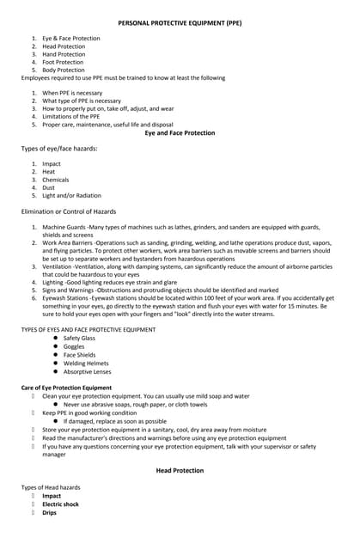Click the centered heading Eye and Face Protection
tap(180, 133)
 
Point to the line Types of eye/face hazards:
tap(59, 149)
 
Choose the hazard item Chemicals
tap(57, 179)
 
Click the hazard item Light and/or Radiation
tap(71, 195)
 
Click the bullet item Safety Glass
tap(79, 338)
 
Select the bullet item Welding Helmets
tap(86, 364)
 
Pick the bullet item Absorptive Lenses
tap(87, 372)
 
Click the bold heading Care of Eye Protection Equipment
tap(66, 388)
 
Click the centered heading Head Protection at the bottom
tap(180, 470)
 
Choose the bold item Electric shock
tap(60, 504)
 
